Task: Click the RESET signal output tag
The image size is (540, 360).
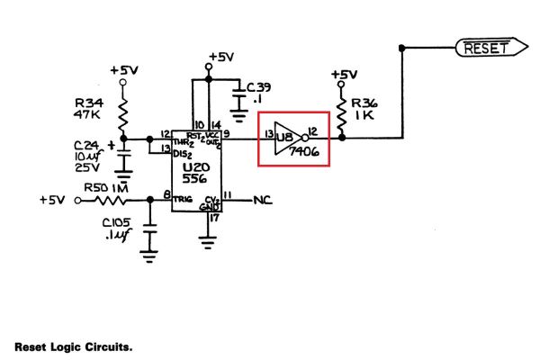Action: click(x=486, y=48)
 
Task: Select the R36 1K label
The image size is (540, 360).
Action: click(x=364, y=109)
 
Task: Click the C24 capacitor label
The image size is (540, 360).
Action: click(x=88, y=154)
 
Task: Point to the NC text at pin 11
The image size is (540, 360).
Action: click(x=264, y=199)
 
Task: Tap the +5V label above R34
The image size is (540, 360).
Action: click(x=123, y=69)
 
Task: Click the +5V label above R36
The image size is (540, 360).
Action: click(x=344, y=74)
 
